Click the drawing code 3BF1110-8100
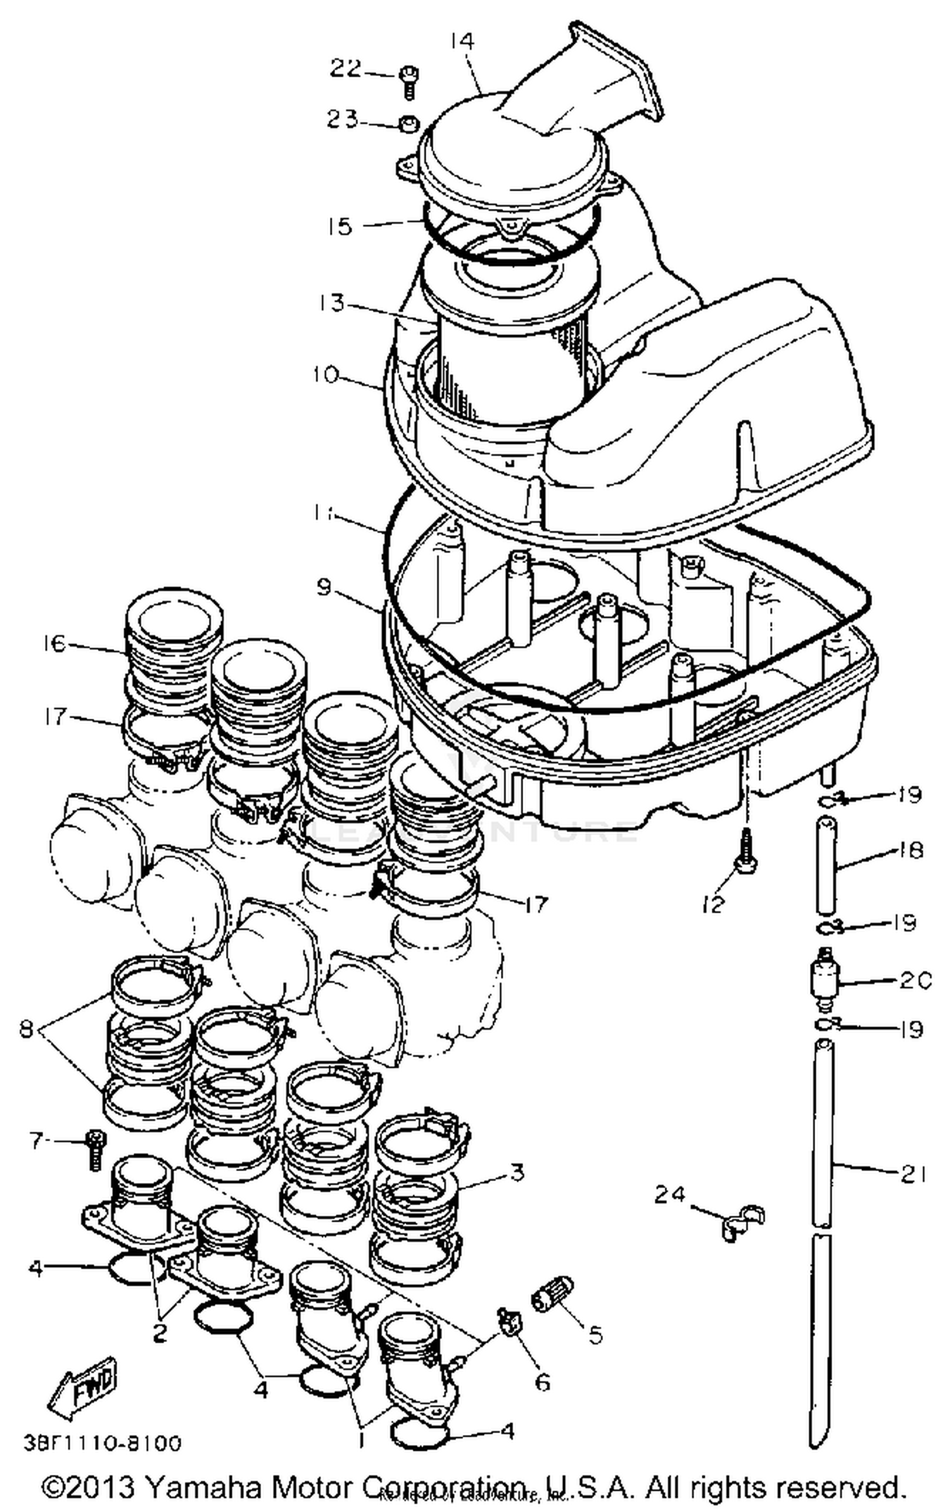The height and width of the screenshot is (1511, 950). coord(103,1444)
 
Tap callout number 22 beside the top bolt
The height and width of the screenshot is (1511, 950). coord(345,68)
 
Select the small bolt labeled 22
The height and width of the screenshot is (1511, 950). coord(407,82)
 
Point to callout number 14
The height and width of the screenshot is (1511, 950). coord(462,41)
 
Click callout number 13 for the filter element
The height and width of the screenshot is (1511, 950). coord(332,302)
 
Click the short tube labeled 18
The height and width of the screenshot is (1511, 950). coord(825,866)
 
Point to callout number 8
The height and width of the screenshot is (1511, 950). coord(26,1028)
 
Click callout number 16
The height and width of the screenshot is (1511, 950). coord(55,643)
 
